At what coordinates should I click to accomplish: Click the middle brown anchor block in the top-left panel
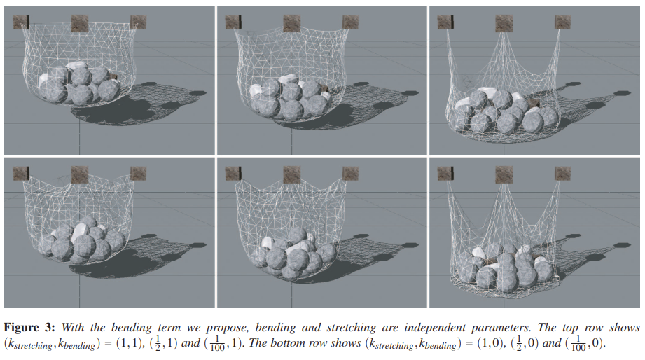point(79,23)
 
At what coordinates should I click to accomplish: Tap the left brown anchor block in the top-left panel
point(20,22)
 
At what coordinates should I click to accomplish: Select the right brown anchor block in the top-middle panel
point(350,22)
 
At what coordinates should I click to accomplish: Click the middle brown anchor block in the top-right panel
point(504,23)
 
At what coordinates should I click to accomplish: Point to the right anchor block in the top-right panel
point(562,22)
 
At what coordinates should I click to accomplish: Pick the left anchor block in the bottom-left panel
point(20,174)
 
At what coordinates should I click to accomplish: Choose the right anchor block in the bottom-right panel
point(562,174)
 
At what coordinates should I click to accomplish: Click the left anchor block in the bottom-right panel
point(445,174)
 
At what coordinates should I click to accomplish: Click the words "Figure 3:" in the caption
point(29,328)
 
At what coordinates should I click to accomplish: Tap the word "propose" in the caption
point(227,328)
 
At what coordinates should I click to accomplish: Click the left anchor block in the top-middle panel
point(233,22)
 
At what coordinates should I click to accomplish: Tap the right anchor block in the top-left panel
point(138,22)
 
